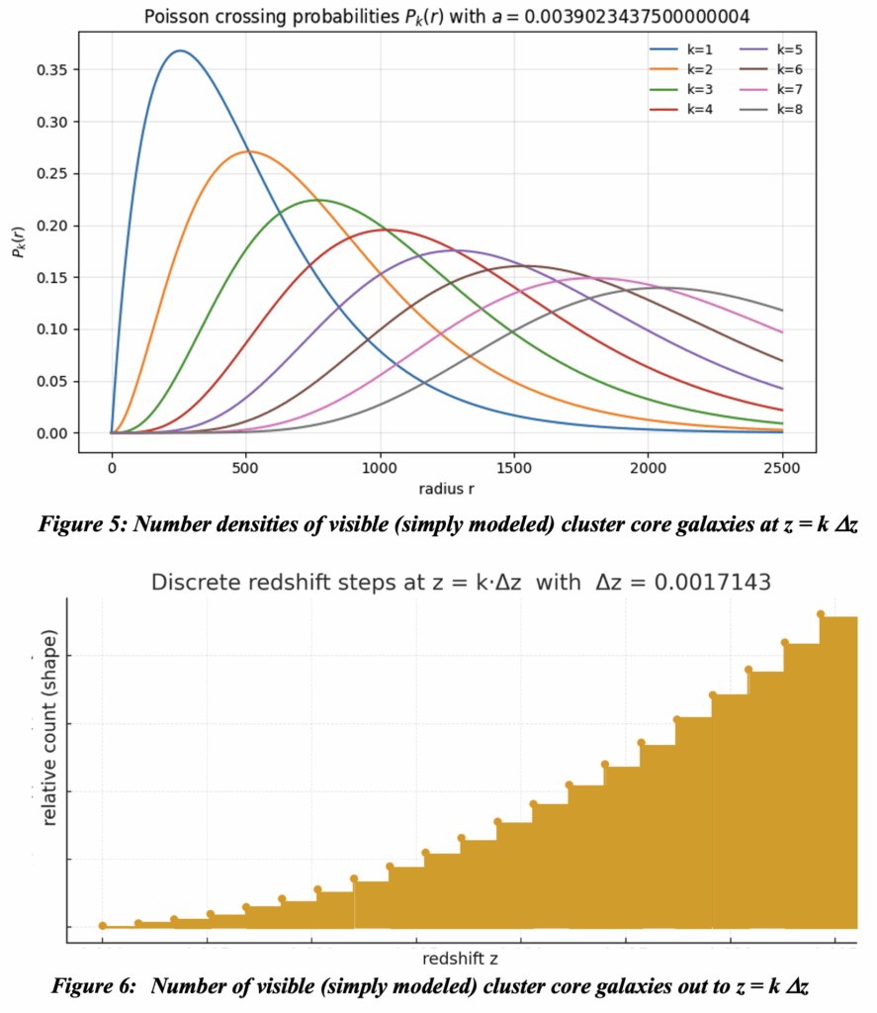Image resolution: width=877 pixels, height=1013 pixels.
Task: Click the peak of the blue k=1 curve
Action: pos(179,50)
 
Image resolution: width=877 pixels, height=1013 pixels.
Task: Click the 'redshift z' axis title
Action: pos(461,960)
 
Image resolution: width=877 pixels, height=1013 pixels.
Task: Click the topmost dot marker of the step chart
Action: pos(821,614)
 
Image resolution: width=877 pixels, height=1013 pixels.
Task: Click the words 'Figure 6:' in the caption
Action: pos(82,985)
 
